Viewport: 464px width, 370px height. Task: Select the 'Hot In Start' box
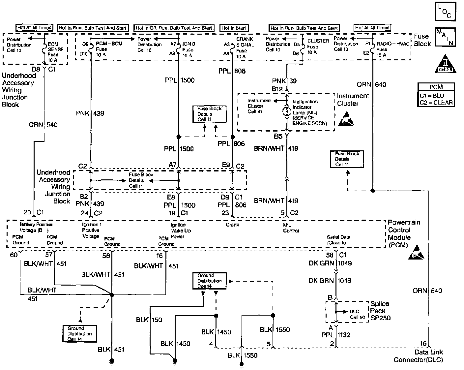click(234, 28)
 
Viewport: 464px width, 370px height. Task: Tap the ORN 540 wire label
click(43, 125)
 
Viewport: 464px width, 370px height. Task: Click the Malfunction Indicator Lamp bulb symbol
click(286, 111)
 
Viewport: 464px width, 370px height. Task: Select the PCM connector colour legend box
click(436, 95)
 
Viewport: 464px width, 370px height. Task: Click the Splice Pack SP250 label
click(380, 311)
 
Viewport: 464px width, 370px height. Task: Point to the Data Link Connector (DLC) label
click(419, 356)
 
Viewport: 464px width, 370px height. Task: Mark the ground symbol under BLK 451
click(112, 361)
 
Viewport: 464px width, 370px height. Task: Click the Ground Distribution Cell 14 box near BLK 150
click(210, 281)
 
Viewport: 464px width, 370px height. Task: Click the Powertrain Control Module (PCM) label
click(404, 233)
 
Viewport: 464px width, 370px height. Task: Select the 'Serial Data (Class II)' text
click(338, 240)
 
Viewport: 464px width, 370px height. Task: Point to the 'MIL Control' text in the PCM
click(291, 228)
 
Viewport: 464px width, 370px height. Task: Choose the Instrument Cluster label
click(352, 100)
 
